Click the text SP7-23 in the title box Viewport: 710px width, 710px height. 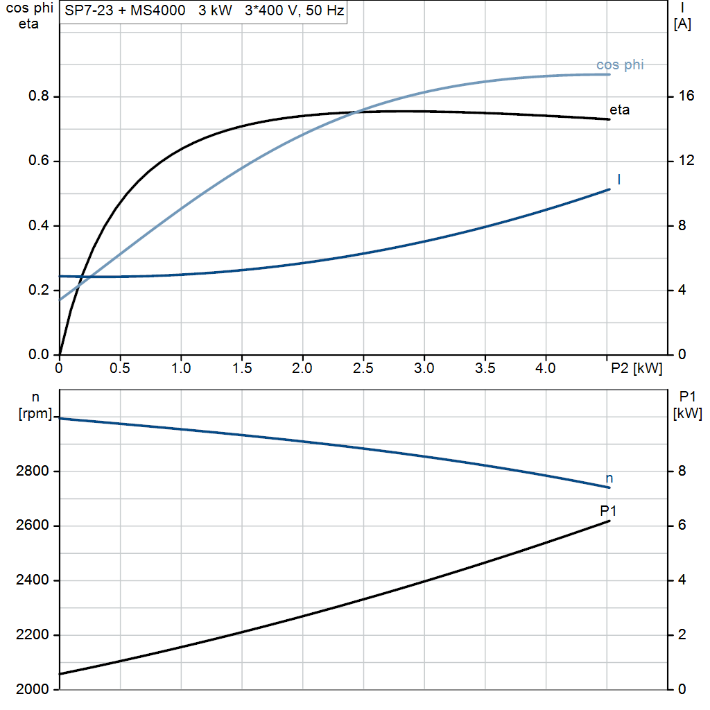tap(87, 12)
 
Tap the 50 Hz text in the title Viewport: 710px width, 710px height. tap(326, 12)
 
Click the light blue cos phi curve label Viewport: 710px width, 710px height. tap(620, 65)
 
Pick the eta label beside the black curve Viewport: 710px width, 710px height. tap(619, 110)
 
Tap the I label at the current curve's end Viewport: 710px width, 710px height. tap(618, 180)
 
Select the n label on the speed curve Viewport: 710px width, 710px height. tap(609, 478)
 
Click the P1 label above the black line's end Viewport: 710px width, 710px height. tap(608, 511)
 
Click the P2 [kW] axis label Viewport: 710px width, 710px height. tap(636, 369)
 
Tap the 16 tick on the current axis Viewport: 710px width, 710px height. tap(686, 97)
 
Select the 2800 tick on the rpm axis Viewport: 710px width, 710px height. tap(30, 471)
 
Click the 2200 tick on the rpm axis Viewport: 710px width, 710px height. tap(30, 635)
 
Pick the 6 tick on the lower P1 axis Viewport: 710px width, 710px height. tap(682, 526)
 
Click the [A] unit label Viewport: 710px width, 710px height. tap(682, 24)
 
